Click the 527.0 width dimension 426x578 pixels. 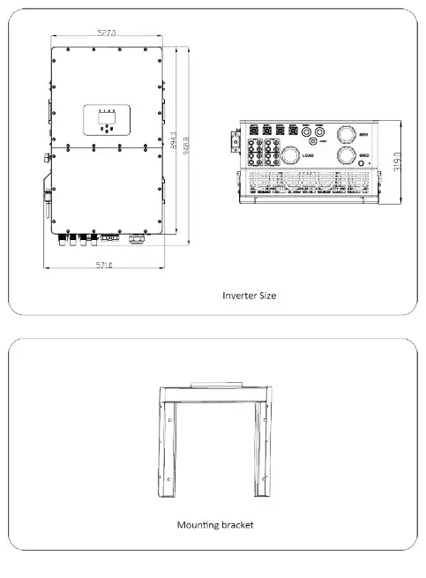pos(106,33)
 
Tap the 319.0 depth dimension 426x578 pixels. pos(399,166)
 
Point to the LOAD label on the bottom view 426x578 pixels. pos(309,155)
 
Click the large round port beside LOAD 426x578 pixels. pos(290,155)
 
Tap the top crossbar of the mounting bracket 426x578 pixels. pos(213,392)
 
